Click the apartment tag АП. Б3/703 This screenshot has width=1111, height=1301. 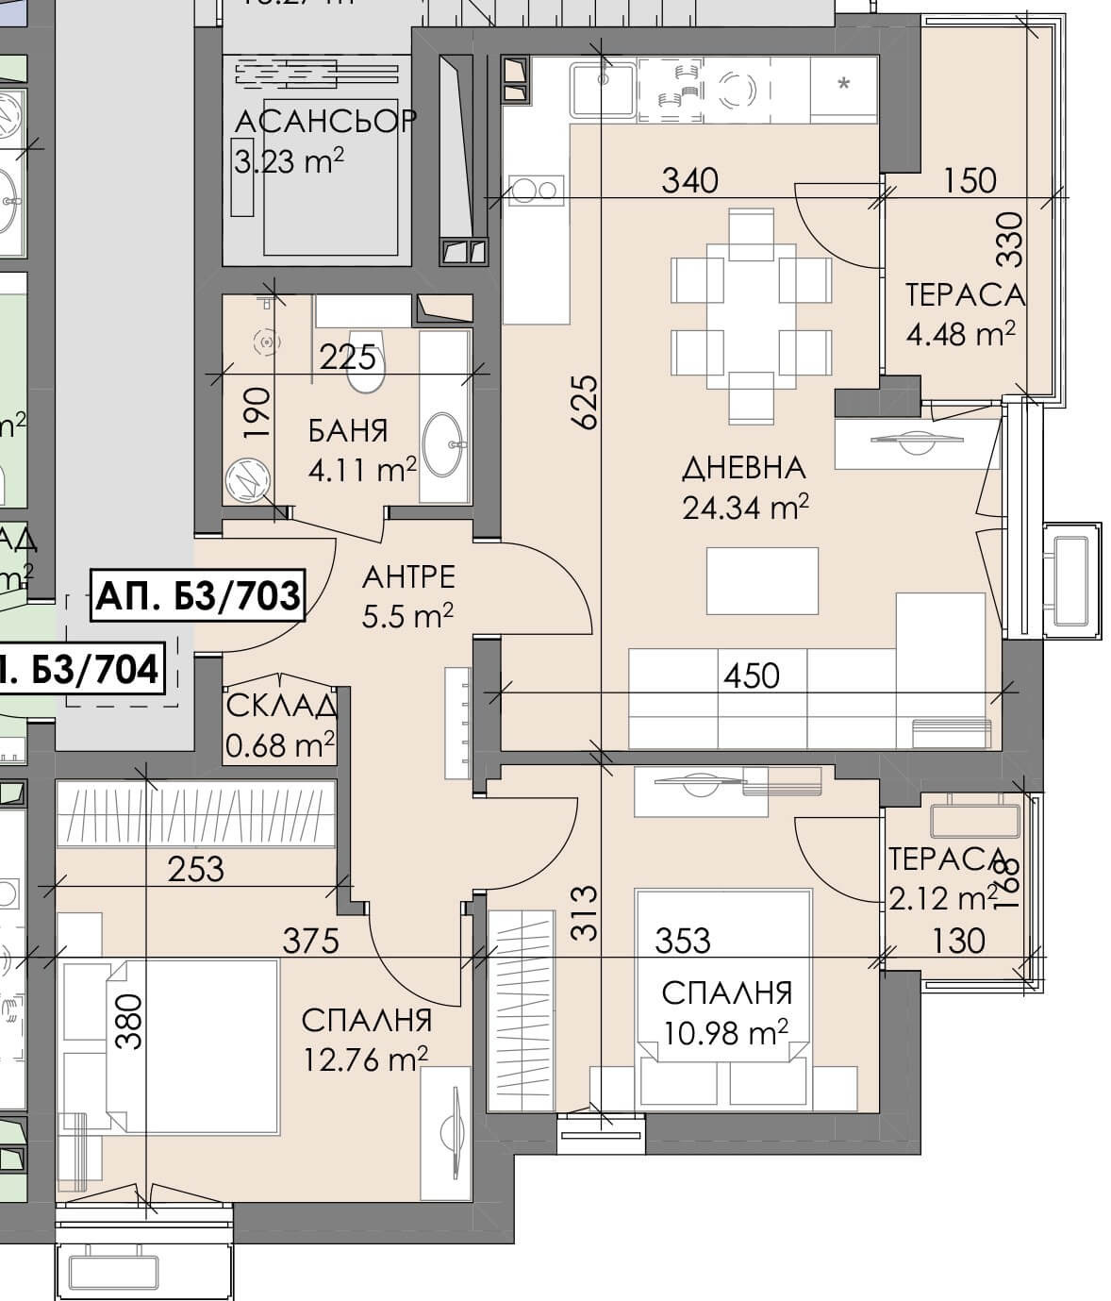point(198,595)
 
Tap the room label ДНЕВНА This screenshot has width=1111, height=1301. point(743,467)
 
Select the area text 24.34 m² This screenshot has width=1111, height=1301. point(745,509)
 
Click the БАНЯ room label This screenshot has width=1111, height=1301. point(348,431)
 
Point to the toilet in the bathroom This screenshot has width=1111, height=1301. point(366,361)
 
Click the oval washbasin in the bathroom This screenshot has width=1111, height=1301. point(443,444)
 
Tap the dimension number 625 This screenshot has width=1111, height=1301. point(584,402)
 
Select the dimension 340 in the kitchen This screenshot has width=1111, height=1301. point(689,179)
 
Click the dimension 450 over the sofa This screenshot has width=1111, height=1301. point(752,675)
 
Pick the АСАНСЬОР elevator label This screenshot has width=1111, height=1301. point(324,122)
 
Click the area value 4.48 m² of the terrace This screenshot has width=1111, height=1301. point(961,334)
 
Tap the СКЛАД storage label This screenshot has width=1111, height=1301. point(281,706)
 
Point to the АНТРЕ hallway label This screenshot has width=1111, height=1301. point(408,575)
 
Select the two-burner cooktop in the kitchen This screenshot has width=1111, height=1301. point(536,191)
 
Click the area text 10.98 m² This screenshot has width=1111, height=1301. point(725,1034)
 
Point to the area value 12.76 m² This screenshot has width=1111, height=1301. point(365,1060)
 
